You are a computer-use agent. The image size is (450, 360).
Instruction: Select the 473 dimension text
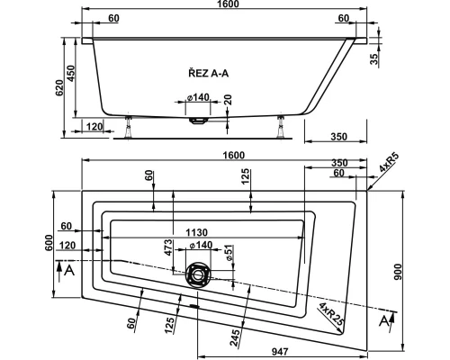[166, 247]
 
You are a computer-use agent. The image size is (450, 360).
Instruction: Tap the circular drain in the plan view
[197, 274]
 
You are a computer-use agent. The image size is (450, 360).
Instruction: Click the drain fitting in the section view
[199, 118]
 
